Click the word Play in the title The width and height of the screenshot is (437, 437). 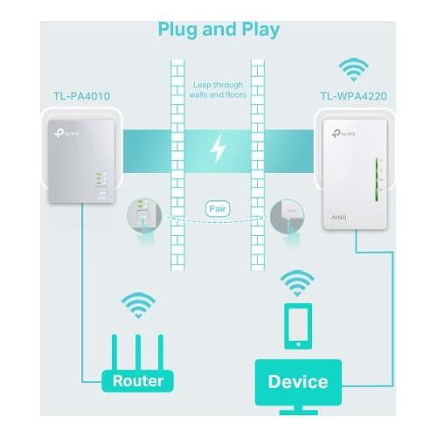tap(260, 30)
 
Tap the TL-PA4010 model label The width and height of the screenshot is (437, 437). tap(82, 96)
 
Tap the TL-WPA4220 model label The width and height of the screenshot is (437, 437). tap(354, 96)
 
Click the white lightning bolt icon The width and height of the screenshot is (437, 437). tap(218, 149)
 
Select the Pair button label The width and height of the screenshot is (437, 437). tap(218, 209)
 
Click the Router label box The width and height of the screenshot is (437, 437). tap(137, 381)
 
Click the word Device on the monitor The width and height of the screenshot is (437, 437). tap(298, 382)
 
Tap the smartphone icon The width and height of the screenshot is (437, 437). tap(298, 326)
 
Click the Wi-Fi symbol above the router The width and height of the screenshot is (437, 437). tap(138, 306)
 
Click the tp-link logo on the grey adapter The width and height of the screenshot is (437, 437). tap(66, 134)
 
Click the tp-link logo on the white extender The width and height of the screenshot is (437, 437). tap(343, 134)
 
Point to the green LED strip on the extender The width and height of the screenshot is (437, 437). tap(377, 179)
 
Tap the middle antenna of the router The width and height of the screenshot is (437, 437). tap(138, 352)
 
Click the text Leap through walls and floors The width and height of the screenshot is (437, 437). tap(218, 90)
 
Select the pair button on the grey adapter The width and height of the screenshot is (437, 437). tap(101, 192)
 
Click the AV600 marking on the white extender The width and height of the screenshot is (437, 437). tap(339, 218)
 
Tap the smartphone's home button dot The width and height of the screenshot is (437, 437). tap(298, 344)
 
